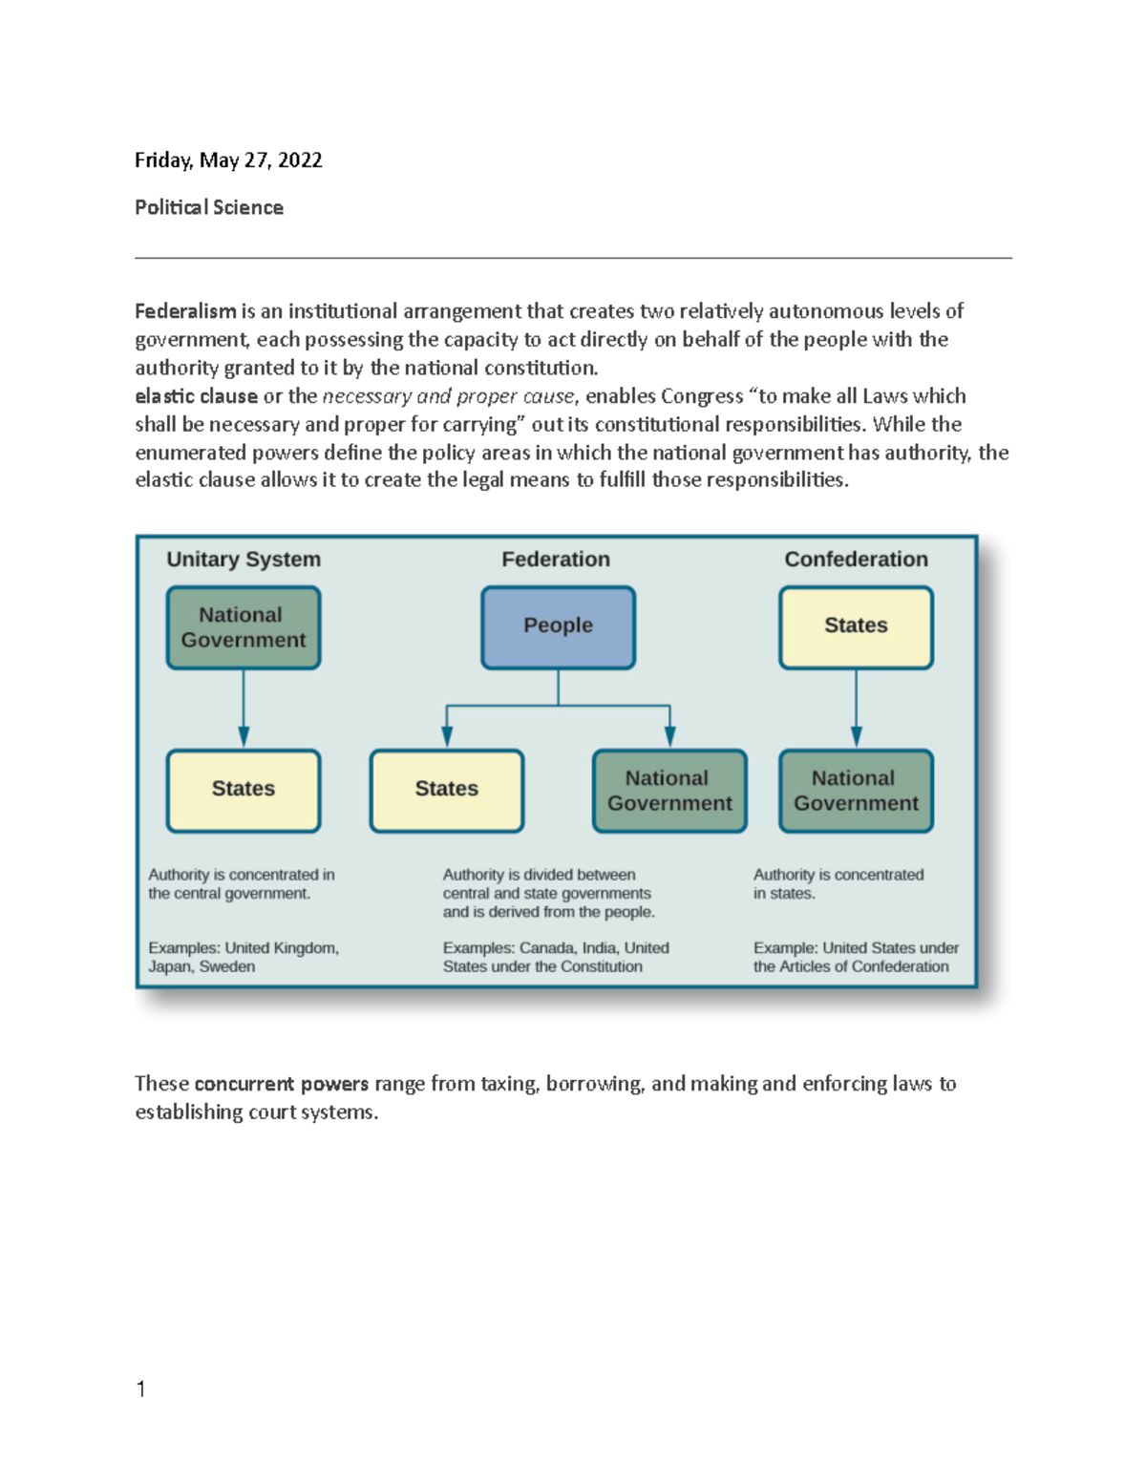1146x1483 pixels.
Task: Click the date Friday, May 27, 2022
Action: tap(228, 160)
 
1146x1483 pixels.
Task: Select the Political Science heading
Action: tap(209, 207)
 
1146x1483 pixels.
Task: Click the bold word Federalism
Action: tap(185, 311)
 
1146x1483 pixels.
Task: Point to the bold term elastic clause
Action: tap(196, 396)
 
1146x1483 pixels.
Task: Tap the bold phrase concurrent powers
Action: tap(281, 1084)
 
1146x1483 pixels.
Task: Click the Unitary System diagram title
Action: tap(244, 560)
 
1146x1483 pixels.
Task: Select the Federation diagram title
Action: tap(556, 560)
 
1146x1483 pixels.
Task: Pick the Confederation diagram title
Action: tap(856, 560)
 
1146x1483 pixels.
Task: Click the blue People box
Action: tap(558, 627)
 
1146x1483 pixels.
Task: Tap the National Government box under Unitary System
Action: tap(244, 627)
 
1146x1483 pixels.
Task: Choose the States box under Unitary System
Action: tap(244, 790)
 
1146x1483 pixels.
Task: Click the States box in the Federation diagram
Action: tap(447, 790)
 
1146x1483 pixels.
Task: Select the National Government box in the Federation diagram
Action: tap(669, 790)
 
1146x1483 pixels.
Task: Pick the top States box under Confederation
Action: tap(856, 627)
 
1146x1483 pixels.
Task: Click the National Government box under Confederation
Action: tap(856, 790)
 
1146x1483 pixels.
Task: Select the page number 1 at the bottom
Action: tap(141, 1389)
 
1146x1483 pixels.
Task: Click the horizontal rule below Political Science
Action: tap(573, 258)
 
